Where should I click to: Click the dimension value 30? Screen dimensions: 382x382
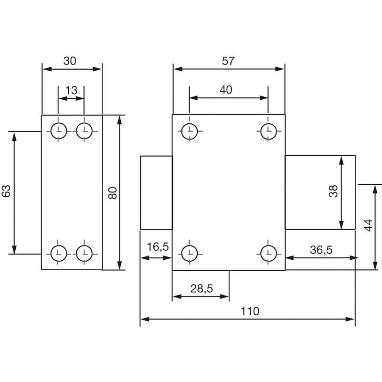pyautogui.click(x=70, y=61)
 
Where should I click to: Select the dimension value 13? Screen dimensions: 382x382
pyautogui.click(x=71, y=91)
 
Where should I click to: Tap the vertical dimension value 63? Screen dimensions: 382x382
pyautogui.click(x=6, y=191)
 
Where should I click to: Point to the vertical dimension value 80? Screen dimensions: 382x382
pyautogui.click(x=112, y=192)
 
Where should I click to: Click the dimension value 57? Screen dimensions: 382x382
pyautogui.click(x=228, y=61)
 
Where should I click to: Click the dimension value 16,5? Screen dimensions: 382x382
pyautogui.click(x=158, y=247)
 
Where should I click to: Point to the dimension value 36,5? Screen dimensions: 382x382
pyautogui.click(x=321, y=249)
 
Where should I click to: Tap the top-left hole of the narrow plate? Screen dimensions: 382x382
pyautogui.click(x=59, y=130)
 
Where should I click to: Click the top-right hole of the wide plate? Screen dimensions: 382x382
pyautogui.click(x=268, y=130)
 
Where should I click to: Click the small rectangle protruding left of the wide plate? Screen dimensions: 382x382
pyautogui.click(x=156, y=192)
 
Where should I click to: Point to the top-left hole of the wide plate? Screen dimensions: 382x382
pyautogui.click(x=190, y=130)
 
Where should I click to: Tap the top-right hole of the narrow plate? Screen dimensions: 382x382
pyautogui.click(x=84, y=130)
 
